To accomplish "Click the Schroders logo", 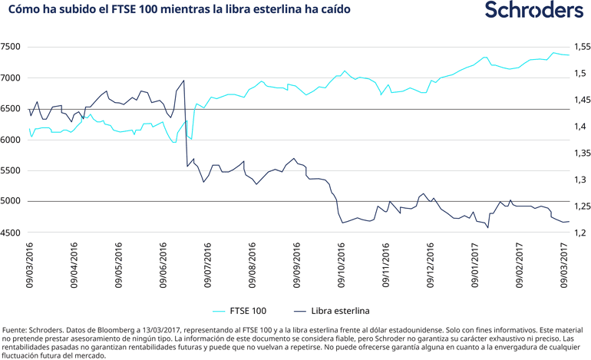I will coord(534,11).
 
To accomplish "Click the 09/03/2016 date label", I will coord(30,265).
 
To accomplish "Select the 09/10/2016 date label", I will coord(342,265).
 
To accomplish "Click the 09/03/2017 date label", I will coord(566,265).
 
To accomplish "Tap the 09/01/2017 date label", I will coord(476,265).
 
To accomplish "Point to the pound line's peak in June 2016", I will coord(183,81).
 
